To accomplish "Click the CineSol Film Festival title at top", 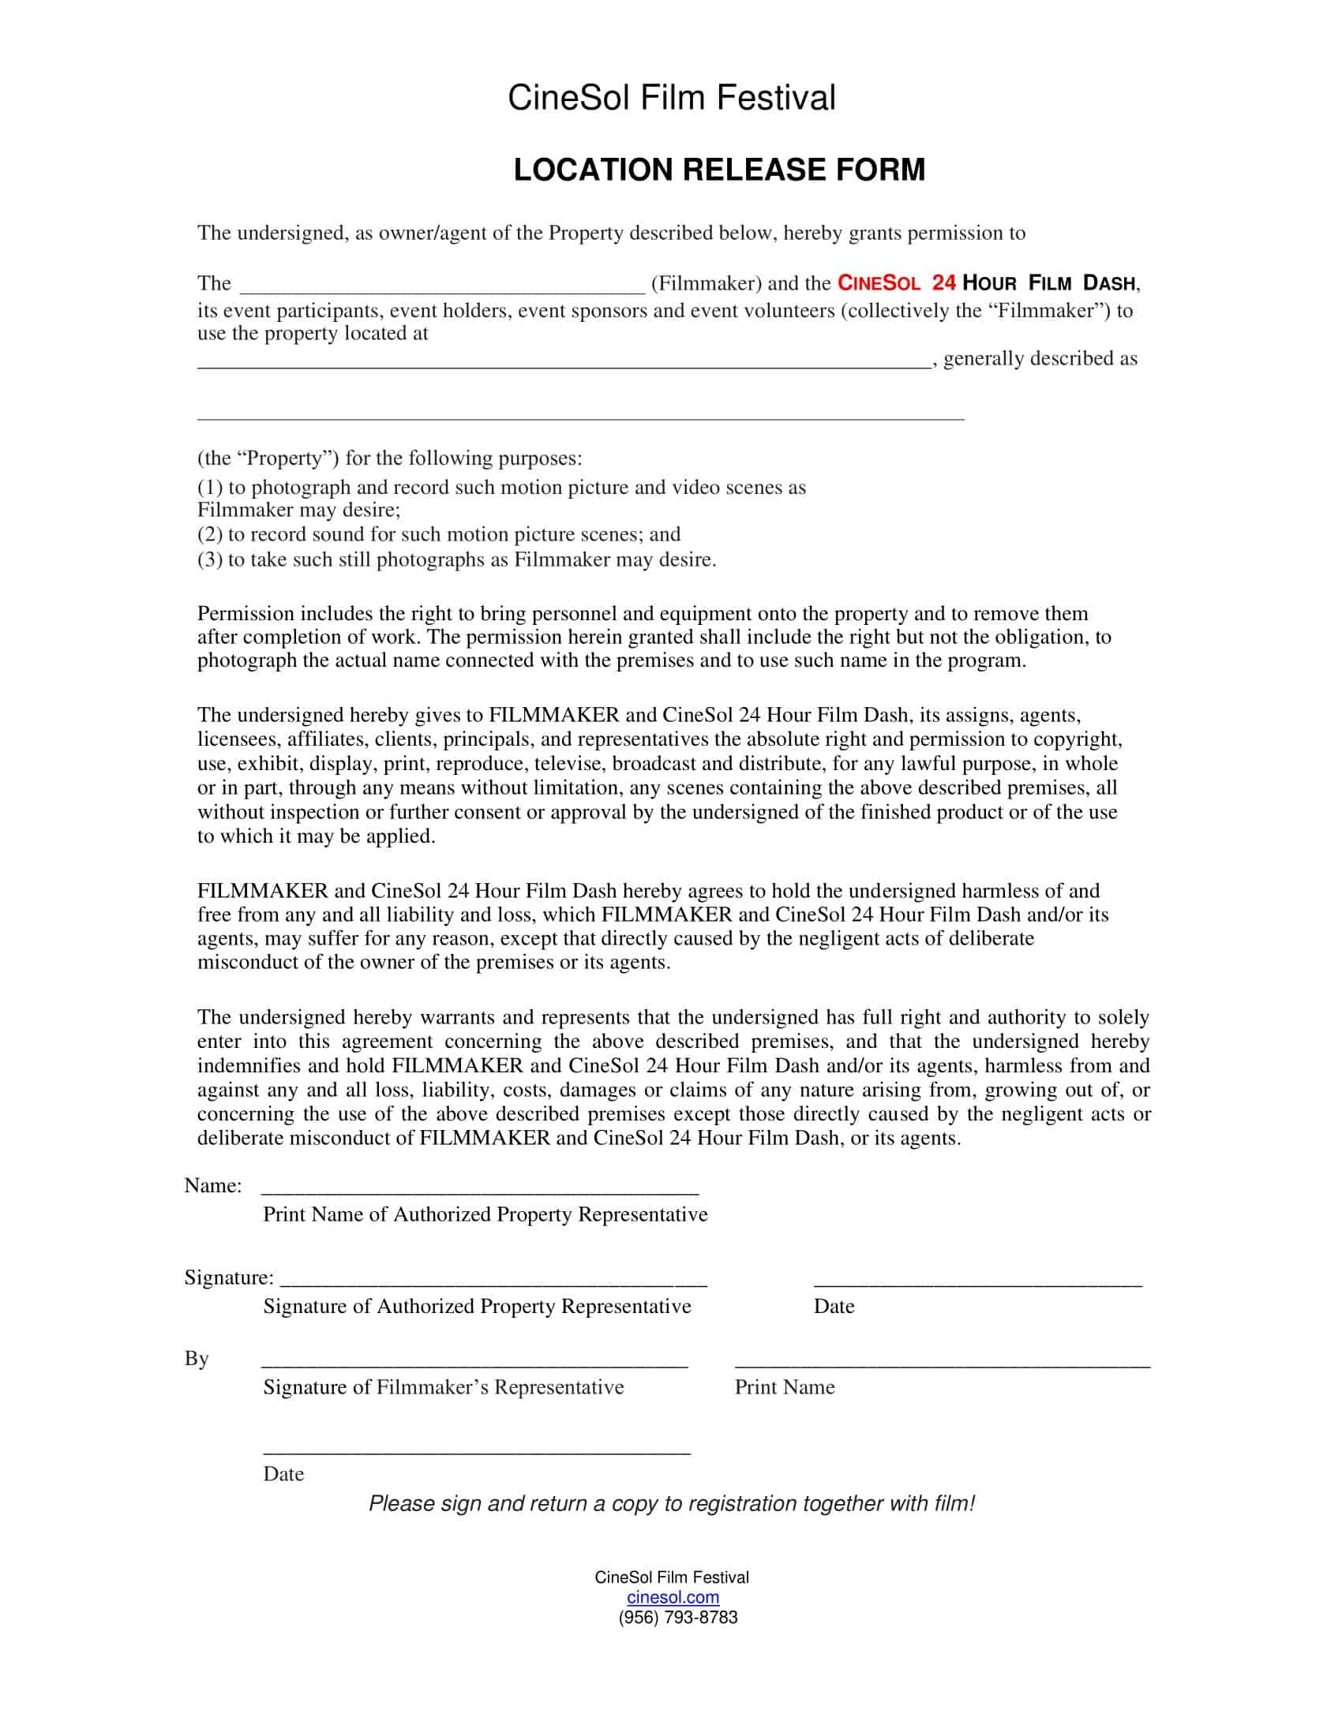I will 671,99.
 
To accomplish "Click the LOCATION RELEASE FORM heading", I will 718,170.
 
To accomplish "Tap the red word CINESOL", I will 879,283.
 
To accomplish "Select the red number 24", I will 943,283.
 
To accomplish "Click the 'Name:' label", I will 213,1185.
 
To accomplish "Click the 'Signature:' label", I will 229,1278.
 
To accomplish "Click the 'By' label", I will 197,1359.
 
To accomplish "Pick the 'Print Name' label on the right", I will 784,1387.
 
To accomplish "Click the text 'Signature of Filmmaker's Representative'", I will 443,1387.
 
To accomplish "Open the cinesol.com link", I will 673,1597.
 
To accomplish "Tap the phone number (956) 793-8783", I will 677,1617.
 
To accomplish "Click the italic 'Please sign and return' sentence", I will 671,1503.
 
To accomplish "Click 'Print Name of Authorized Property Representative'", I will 485,1214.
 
